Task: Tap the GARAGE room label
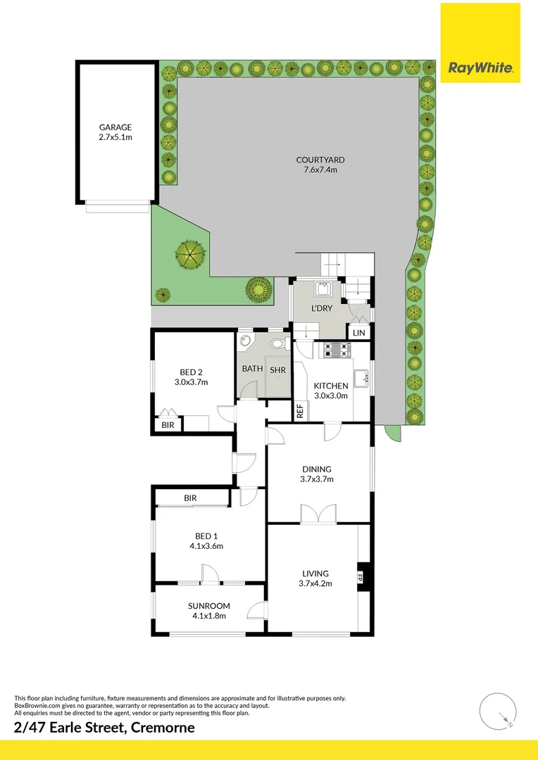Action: click(x=115, y=127)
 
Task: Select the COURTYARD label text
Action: click(x=320, y=160)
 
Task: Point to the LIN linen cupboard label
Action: click(x=358, y=332)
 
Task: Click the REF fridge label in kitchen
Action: click(x=299, y=412)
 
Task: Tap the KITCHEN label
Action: click(x=331, y=386)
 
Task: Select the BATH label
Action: click(x=253, y=368)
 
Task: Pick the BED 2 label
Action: click(x=191, y=372)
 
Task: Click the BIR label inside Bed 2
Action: click(x=168, y=425)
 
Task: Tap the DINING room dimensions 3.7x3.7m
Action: click(x=317, y=479)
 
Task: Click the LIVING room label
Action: click(x=316, y=573)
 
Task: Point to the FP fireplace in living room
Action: click(x=360, y=578)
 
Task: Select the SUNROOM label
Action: click(x=208, y=606)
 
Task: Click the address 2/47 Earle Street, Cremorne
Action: click(x=104, y=728)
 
